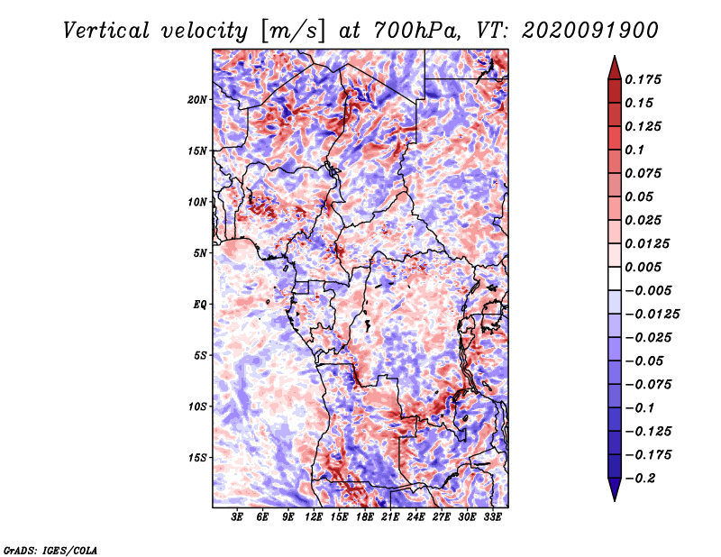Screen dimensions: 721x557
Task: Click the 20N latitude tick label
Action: [197, 100]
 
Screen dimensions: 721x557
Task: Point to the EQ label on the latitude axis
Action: [200, 305]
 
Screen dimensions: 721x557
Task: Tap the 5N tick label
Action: [200, 253]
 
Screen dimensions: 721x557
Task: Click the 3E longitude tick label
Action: [237, 516]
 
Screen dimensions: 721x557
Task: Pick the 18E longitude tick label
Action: [365, 516]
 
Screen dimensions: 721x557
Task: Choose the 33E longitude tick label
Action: [492, 516]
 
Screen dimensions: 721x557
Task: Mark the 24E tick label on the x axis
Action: [415, 516]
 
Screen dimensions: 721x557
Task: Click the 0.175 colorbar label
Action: [643, 79]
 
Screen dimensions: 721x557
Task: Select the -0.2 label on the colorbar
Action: [640, 479]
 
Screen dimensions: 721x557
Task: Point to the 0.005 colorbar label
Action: [643, 267]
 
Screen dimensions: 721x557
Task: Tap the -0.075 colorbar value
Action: [648, 385]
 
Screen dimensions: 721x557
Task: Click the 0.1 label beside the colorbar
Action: [635, 150]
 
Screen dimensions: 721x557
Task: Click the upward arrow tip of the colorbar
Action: [615, 56]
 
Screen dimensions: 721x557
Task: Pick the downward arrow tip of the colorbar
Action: [615, 500]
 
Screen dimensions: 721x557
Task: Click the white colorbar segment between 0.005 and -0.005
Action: [615, 278]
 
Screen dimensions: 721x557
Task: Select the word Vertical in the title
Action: [105, 31]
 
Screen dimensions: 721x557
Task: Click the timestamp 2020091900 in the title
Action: [590, 31]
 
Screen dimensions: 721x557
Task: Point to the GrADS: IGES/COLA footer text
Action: [50, 551]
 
